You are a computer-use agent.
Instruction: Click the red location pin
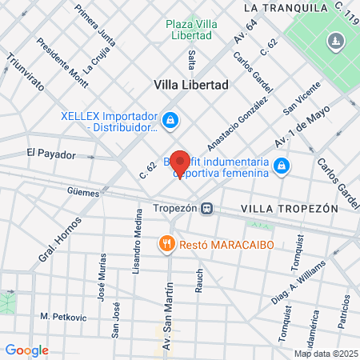coord(180,162)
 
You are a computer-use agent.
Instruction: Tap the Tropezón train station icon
coord(206,209)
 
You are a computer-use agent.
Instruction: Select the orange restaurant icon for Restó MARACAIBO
coord(166,242)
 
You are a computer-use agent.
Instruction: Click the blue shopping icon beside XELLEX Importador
coord(170,121)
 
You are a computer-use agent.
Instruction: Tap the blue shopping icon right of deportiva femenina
coord(281,166)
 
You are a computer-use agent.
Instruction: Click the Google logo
coord(26,350)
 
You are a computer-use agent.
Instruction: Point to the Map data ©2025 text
coord(326,353)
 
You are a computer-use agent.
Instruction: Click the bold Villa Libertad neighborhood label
coord(191,84)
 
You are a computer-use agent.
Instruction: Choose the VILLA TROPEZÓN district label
coord(289,208)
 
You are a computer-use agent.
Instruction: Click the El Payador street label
coord(50,153)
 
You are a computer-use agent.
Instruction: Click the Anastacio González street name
coord(237,124)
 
